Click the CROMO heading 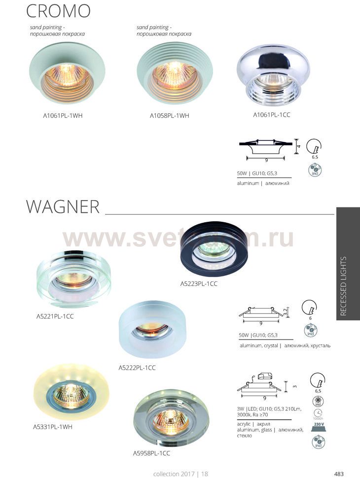58,11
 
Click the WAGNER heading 63,207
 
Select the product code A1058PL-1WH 170,116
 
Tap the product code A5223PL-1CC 199,284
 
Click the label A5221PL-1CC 55,316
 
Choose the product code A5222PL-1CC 138,368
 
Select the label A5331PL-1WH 54,427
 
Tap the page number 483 339,474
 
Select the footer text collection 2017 175,474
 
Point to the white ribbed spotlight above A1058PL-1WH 169,74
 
